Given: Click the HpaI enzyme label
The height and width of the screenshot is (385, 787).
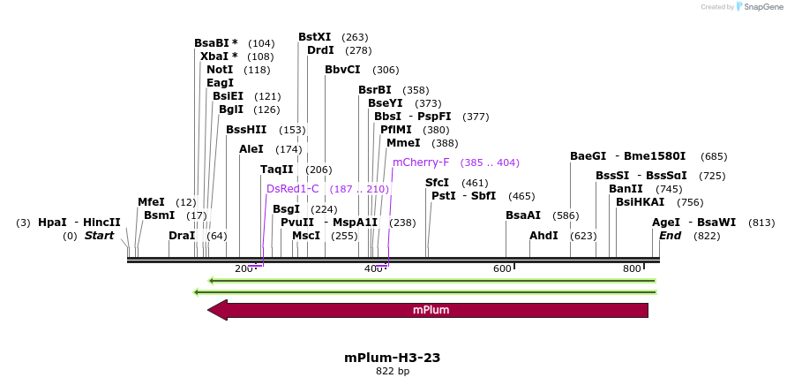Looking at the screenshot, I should pyautogui.click(x=52, y=223).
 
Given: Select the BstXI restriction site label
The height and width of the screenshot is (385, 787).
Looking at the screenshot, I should pyautogui.click(x=315, y=37).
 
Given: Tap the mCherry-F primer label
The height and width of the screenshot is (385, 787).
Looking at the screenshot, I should pyautogui.click(x=421, y=162).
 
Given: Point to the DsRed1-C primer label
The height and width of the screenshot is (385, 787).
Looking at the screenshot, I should pyautogui.click(x=293, y=189).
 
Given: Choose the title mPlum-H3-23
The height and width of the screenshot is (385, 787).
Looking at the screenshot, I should pyautogui.click(x=393, y=358).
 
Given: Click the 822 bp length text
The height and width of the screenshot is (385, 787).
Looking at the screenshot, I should pyautogui.click(x=393, y=372).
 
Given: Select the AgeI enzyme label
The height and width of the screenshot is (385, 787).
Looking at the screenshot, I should pyautogui.click(x=666, y=223).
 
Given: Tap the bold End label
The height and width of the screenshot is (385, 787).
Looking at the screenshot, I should pyautogui.click(x=671, y=236).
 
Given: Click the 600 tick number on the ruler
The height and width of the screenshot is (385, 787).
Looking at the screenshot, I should pyautogui.click(x=502, y=268).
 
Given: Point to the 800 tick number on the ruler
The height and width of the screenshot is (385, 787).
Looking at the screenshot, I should pyautogui.click(x=632, y=268).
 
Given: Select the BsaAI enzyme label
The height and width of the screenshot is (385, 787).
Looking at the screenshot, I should pyautogui.click(x=523, y=215).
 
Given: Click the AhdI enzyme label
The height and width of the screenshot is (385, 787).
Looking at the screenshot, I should pyautogui.click(x=543, y=236).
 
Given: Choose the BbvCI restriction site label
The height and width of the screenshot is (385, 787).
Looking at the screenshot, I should pyautogui.click(x=342, y=70).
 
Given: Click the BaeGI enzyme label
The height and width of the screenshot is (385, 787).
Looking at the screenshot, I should pyautogui.click(x=588, y=156).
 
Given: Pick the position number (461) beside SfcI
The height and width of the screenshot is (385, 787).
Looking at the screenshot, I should pyautogui.click(x=475, y=183).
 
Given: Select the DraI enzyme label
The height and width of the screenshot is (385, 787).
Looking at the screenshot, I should pyautogui.click(x=182, y=236).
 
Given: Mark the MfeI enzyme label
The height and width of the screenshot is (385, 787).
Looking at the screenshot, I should pyautogui.click(x=151, y=202).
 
